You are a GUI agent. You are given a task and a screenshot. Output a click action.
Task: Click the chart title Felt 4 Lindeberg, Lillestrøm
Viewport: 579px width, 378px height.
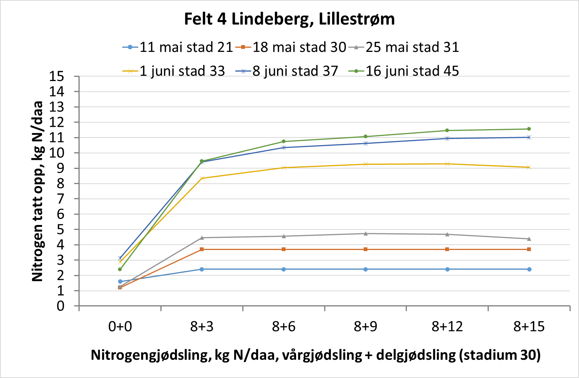(289, 19)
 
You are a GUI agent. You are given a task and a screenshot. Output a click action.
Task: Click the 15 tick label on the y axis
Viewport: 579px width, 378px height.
(56, 77)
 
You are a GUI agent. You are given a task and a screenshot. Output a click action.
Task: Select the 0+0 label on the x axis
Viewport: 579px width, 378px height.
(120, 326)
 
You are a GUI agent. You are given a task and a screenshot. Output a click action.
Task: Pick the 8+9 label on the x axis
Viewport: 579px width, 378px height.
(366, 326)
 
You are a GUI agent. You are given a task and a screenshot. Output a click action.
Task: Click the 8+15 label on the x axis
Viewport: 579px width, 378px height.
(529, 326)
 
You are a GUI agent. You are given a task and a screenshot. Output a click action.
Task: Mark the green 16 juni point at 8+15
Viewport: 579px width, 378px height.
(529, 129)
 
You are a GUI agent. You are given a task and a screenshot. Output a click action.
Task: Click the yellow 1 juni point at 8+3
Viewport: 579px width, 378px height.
(202, 178)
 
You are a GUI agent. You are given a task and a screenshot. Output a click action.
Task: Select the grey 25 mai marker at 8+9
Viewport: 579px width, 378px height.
(366, 234)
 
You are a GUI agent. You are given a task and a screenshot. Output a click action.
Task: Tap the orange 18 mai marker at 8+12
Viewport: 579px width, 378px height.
(447, 249)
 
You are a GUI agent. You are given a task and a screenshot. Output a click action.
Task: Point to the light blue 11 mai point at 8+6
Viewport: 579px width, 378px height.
(284, 269)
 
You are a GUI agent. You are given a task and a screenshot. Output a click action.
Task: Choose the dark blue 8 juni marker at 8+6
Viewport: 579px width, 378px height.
(284, 147)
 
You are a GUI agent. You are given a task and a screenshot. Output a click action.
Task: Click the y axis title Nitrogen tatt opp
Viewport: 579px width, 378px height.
(38, 191)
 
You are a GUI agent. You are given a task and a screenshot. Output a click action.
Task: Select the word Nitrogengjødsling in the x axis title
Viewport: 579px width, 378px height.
(151, 355)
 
